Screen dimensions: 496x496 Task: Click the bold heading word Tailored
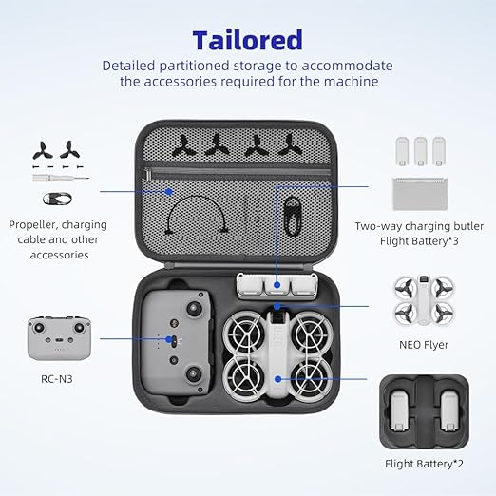coord(248,40)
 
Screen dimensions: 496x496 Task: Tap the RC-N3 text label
coord(57,379)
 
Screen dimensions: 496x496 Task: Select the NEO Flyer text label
coord(424,345)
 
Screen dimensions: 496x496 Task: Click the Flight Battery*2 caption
coord(424,464)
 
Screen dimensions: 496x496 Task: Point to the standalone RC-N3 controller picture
coord(59,338)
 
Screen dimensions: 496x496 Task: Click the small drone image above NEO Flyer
coord(424,300)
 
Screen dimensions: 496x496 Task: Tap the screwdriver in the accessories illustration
coord(61,178)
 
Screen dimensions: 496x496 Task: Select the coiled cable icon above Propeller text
coord(57,199)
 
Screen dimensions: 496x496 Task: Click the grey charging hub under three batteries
coord(420,194)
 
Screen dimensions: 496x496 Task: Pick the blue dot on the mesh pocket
coord(169,191)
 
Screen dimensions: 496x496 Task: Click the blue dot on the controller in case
coord(169,339)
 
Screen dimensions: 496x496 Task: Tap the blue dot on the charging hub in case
coord(277,285)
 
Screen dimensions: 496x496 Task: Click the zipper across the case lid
coord(238,173)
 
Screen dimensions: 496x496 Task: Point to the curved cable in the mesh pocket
coord(197,197)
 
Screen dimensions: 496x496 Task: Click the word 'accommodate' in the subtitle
coord(347,66)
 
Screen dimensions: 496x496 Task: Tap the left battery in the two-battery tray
coord(400,411)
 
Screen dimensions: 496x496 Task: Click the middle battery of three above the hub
coord(420,151)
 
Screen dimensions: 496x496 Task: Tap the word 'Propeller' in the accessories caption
coord(31,225)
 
